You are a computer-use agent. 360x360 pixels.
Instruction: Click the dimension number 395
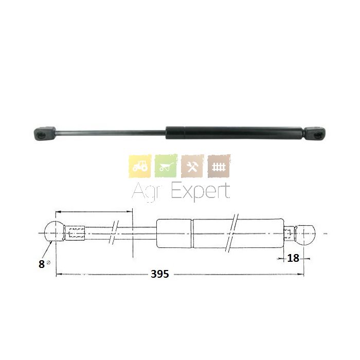point(160,274)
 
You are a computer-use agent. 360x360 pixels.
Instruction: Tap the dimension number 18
point(293,258)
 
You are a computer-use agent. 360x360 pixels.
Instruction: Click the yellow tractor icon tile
point(140,166)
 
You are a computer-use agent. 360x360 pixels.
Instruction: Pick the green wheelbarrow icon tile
point(166,166)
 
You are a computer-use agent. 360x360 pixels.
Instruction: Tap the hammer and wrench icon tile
point(192,166)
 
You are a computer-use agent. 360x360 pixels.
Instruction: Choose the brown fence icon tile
point(219,166)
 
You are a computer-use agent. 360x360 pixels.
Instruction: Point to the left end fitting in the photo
point(45,133)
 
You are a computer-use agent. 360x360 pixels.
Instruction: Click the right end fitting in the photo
point(315,133)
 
